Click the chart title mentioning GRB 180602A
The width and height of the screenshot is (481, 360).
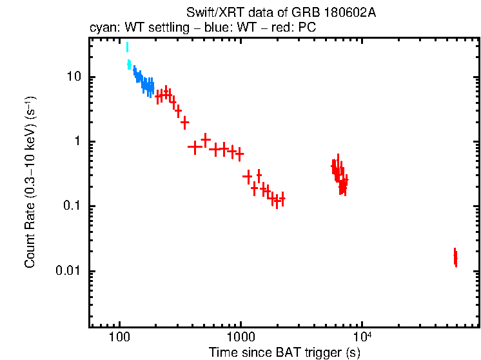pyautogui.click(x=280, y=13)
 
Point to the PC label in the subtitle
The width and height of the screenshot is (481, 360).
pyautogui.click(x=306, y=28)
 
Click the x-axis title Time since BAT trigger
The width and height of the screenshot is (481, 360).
pyautogui.click(x=284, y=353)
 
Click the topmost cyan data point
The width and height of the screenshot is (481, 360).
pyautogui.click(x=127, y=46)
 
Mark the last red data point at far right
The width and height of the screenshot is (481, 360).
pyautogui.click(x=455, y=259)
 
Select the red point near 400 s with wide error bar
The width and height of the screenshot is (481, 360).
pyautogui.click(x=193, y=146)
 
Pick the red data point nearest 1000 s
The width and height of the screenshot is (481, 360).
pyautogui.click(x=240, y=154)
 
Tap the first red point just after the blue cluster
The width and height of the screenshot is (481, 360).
pyautogui.click(x=159, y=95)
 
